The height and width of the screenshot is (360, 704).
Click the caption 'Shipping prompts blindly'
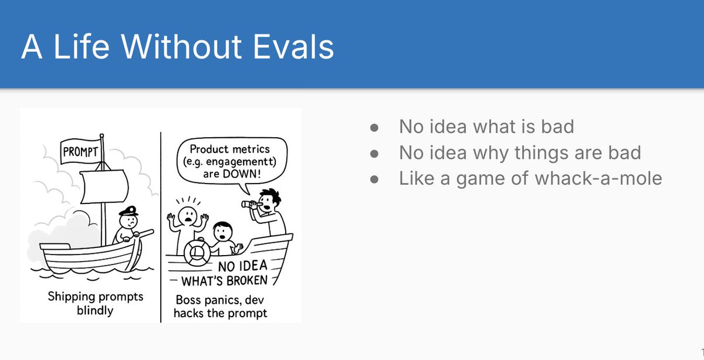coord(95,303)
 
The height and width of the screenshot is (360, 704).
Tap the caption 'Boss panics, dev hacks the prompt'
coord(221,307)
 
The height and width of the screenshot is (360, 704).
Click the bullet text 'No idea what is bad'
coord(486,126)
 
